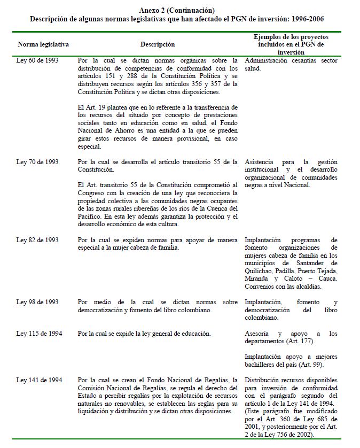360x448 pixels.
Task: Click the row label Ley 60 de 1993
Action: tap(37, 61)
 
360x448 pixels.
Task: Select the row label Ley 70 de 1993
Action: tap(37, 161)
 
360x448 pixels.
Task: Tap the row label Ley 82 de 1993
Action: tap(37, 240)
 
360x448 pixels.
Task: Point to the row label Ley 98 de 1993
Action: tap(37, 302)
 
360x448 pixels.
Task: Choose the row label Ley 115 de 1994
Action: tap(39, 334)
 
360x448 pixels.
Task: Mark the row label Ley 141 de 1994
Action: tap(39, 380)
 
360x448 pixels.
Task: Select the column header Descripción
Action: tap(158, 44)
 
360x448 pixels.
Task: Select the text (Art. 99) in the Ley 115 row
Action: tap(316, 364)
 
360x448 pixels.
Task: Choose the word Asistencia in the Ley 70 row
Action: tap(261, 161)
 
